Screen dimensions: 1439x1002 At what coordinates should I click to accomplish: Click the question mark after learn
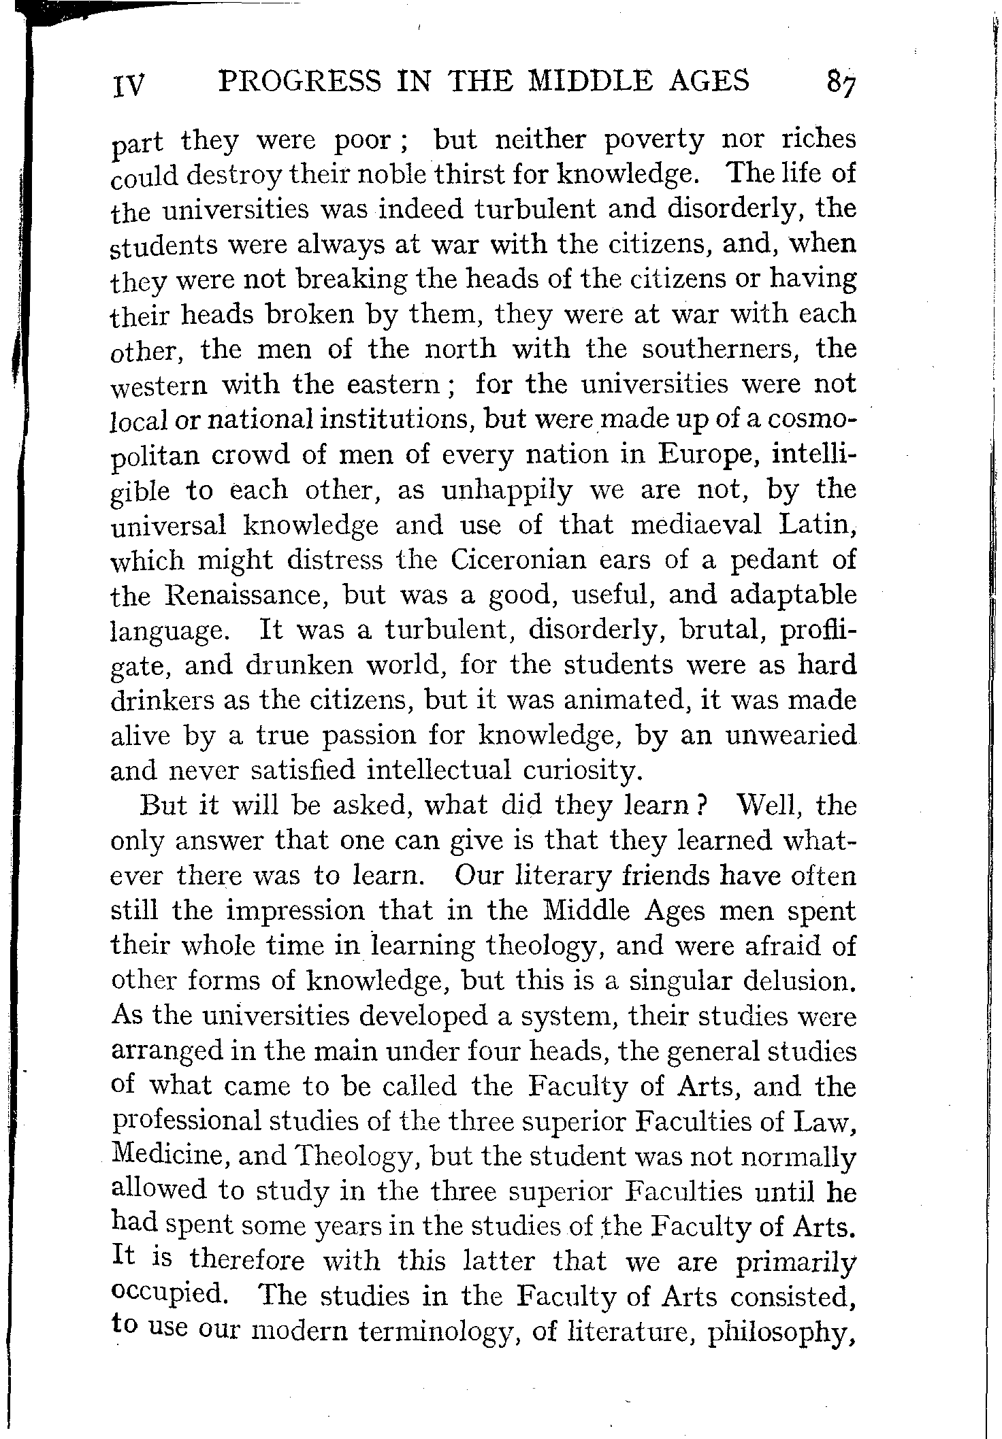point(705,806)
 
